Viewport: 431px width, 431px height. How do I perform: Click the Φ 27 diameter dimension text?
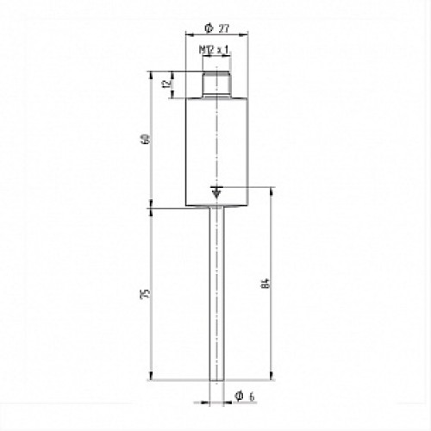[216, 28]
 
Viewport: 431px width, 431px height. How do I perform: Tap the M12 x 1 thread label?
[215, 50]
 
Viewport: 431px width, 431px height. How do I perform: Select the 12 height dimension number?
[167, 84]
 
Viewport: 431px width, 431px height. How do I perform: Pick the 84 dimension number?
[266, 284]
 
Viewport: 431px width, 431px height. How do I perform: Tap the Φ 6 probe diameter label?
[245, 397]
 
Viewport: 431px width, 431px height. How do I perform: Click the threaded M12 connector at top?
[216, 84]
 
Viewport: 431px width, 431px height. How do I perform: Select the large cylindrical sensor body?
[216, 152]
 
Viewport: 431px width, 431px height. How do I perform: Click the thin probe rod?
[216, 293]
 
